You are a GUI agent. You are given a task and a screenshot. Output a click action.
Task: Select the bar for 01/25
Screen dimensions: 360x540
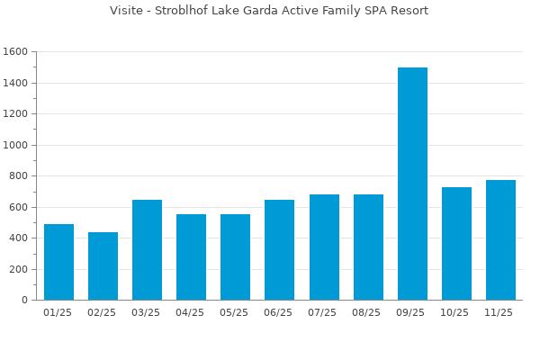(x=58, y=262)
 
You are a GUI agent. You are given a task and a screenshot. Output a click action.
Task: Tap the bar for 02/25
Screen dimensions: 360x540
(x=103, y=266)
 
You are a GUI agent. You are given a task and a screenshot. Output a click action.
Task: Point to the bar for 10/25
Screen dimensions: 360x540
(x=456, y=244)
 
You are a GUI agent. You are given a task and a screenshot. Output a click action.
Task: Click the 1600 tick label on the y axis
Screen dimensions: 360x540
(x=14, y=52)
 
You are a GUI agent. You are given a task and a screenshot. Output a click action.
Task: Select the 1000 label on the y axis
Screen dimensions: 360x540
(x=14, y=145)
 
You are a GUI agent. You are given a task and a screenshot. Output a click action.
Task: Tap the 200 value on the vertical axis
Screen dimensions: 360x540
(x=18, y=269)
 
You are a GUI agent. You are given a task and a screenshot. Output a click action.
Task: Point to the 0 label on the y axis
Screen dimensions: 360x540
(x=24, y=300)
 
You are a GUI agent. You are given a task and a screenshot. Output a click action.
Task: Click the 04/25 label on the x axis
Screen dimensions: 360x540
(x=191, y=313)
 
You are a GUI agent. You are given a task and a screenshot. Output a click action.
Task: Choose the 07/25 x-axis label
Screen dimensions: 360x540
(x=323, y=313)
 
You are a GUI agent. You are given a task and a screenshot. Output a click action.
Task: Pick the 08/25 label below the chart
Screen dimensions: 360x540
(x=368, y=313)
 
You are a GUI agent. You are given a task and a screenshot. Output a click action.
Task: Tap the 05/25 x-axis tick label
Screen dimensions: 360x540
(x=235, y=313)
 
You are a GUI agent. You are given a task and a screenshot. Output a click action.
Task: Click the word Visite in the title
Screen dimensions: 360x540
(x=125, y=11)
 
